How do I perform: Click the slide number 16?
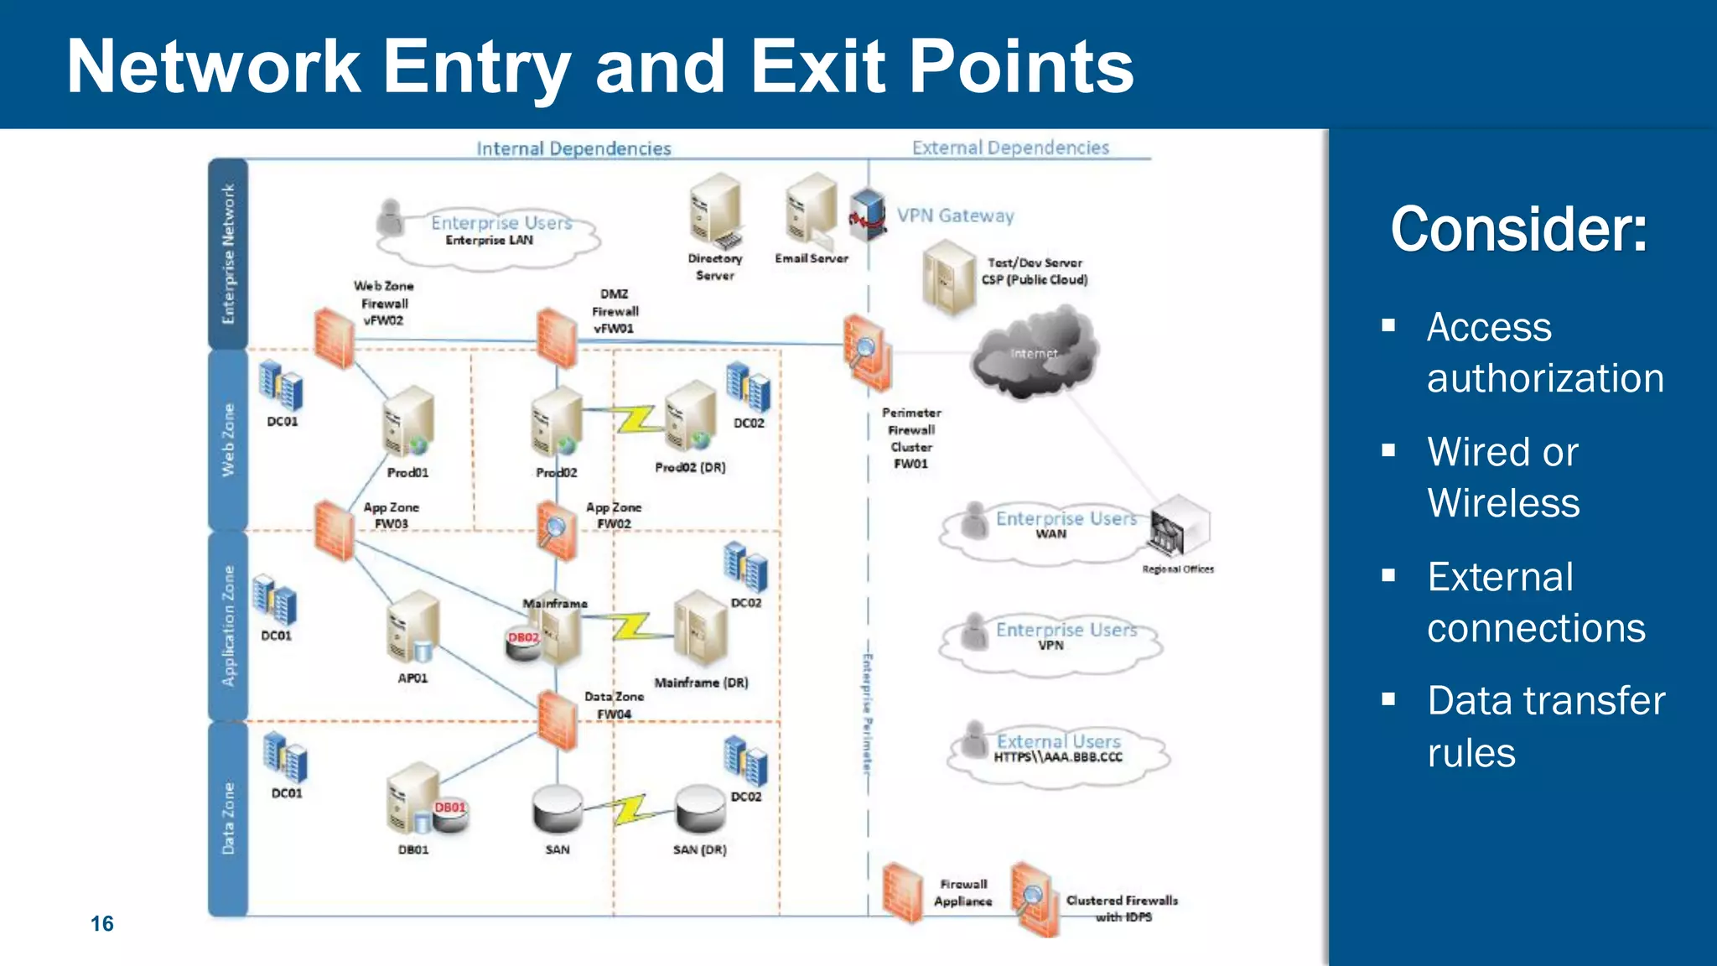tap(102, 923)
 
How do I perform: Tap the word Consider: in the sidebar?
tap(1518, 229)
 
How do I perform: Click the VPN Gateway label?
tap(955, 216)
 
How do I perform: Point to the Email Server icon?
tap(811, 210)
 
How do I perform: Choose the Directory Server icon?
tap(715, 210)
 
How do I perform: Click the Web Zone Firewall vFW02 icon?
tap(335, 338)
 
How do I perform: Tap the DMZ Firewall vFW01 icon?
tap(557, 338)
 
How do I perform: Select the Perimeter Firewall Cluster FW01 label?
tap(911, 438)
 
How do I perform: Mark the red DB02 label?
tap(524, 638)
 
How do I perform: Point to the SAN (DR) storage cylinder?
tap(700, 809)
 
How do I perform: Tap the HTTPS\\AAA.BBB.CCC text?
tap(1058, 757)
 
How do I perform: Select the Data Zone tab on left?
tap(228, 818)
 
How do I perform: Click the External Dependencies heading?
tap(1010, 148)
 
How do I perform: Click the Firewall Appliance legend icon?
tap(902, 893)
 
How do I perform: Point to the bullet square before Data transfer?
tap(1389, 699)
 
